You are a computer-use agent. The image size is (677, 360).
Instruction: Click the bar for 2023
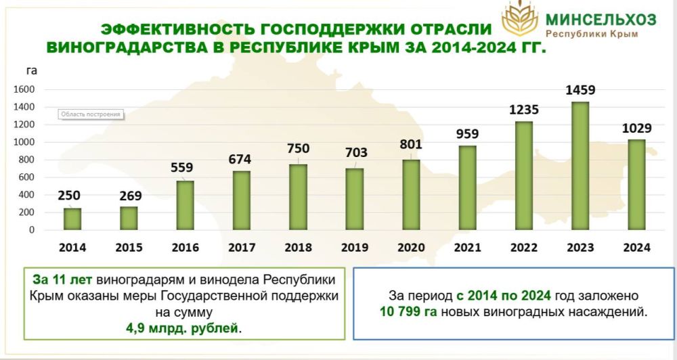pos(580,166)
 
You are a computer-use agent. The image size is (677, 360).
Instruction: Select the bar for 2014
pos(72,219)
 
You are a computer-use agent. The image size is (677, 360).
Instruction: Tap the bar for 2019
pos(354,199)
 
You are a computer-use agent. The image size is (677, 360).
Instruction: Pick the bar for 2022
pos(524,175)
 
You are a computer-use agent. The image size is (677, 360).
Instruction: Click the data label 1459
pos(580,90)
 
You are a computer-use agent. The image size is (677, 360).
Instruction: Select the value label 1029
pos(637,129)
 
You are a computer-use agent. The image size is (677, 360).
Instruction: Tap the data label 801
pos(411,143)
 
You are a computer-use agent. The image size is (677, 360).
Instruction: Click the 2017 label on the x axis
pos(242,248)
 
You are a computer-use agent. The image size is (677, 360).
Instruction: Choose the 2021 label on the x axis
pos(468,248)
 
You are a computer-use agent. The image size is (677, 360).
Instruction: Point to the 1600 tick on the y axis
pos(24,89)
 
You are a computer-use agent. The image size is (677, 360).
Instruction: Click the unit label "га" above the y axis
pos(32,70)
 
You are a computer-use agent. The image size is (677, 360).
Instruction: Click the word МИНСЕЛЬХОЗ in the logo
pos(600,19)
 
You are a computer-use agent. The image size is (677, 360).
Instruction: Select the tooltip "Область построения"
pos(91,114)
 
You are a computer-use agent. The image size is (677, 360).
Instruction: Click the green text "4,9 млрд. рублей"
pos(183,328)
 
